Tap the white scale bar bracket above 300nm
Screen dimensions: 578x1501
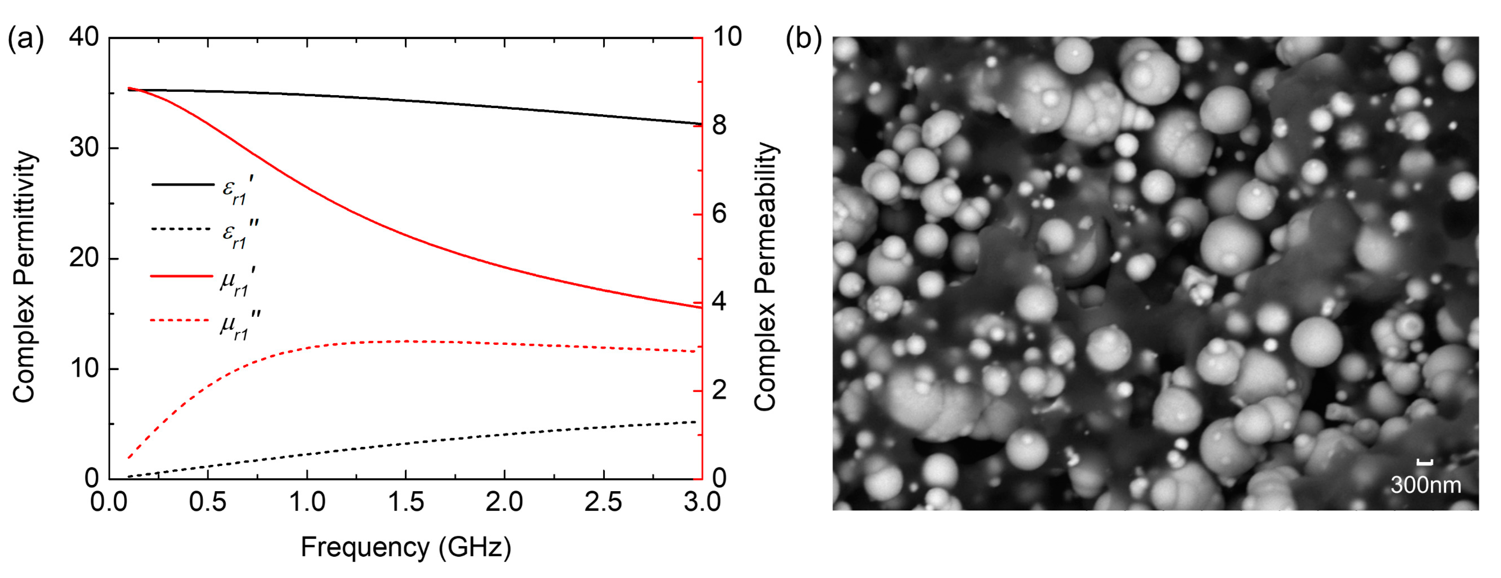pyautogui.click(x=1425, y=463)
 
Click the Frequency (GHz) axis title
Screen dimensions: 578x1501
pyautogui.click(x=406, y=547)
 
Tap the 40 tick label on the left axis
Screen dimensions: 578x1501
pyautogui.click(x=84, y=37)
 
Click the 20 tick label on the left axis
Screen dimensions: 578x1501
pyautogui.click(x=84, y=258)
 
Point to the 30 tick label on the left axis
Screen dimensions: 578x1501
pyautogui.click(x=84, y=148)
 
